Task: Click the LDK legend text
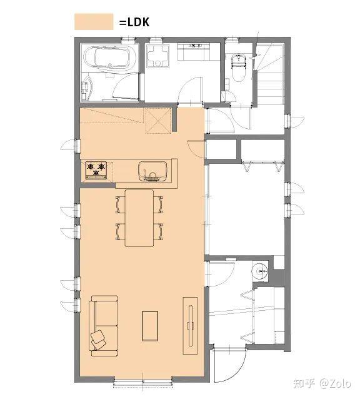coord(134,22)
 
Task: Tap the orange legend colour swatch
coord(94,22)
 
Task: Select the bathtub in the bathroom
coord(110,58)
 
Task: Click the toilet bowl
coord(239,68)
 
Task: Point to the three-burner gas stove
coord(96,170)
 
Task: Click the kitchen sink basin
coord(152,171)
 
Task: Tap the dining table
coord(139,218)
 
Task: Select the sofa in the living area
coord(104,326)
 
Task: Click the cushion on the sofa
coord(98,340)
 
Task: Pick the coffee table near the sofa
coord(150,326)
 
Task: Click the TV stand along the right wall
coord(190,326)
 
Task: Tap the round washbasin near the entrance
coord(260,272)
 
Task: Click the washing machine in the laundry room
coord(158,56)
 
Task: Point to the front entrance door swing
coord(230,365)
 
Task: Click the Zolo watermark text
coord(335,383)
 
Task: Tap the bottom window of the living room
coord(143,382)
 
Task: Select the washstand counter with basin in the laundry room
coord(194,52)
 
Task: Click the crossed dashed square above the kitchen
coord(158,121)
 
